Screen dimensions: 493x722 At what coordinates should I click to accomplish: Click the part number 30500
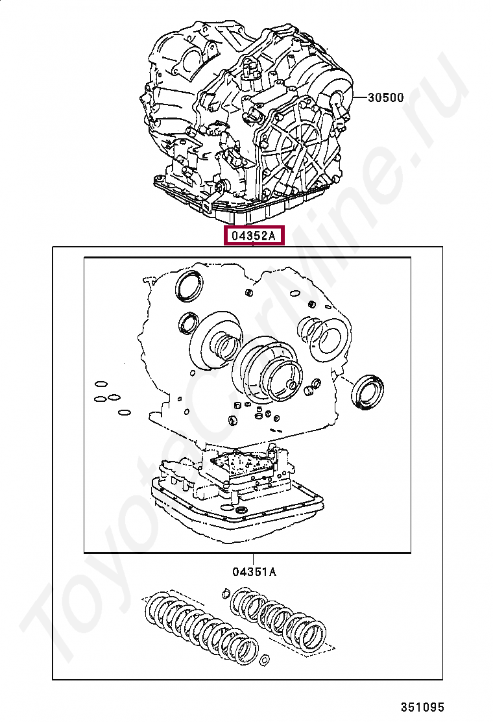point(385,97)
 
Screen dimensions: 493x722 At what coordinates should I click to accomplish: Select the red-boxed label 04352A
point(254,236)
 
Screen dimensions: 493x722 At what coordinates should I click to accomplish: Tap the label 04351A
point(254,572)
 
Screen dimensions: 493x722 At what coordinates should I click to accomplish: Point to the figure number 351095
point(422,706)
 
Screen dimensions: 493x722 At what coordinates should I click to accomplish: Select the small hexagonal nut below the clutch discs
point(264,661)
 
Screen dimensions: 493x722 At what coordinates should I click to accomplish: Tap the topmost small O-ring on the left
point(101,384)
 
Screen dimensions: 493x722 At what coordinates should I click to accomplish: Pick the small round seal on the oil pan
point(241,510)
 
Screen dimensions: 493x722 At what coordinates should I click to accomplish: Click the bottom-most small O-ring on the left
point(124,412)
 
